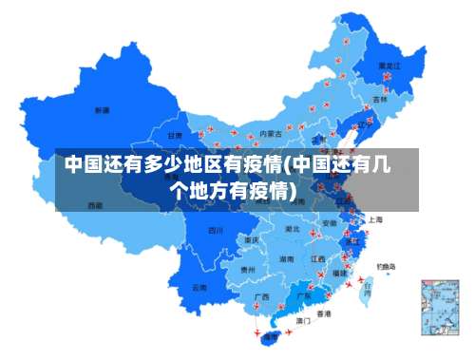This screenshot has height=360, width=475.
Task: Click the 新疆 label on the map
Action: pos(102,111)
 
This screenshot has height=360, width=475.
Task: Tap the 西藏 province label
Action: pos(95,205)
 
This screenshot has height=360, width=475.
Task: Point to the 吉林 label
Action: pos(379,99)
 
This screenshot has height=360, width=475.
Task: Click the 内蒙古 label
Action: pos(271,134)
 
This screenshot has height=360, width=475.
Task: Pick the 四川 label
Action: pos(216,230)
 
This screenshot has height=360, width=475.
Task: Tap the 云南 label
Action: pos(199,286)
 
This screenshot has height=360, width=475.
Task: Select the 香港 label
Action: pos(324,313)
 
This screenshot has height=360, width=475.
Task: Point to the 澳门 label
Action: pos(303,321)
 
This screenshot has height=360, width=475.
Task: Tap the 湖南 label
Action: pos(286,258)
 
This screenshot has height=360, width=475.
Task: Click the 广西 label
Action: pos(261,296)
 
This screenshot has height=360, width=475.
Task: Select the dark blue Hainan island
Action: pos(271,336)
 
